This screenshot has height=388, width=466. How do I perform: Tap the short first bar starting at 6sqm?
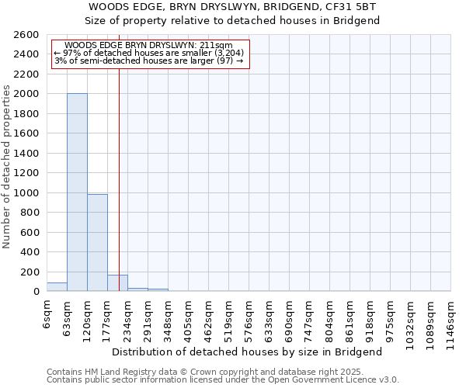pos(57,287)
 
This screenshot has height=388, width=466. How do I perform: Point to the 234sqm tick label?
pos(128,317)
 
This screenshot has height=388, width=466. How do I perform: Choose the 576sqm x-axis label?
pos(249,317)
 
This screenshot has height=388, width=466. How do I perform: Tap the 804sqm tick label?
pos(330,317)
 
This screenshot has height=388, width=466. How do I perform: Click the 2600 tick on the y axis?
pos(26,35)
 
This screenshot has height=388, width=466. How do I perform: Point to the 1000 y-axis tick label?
pos(26,192)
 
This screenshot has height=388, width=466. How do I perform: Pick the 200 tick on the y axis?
pos(30,272)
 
